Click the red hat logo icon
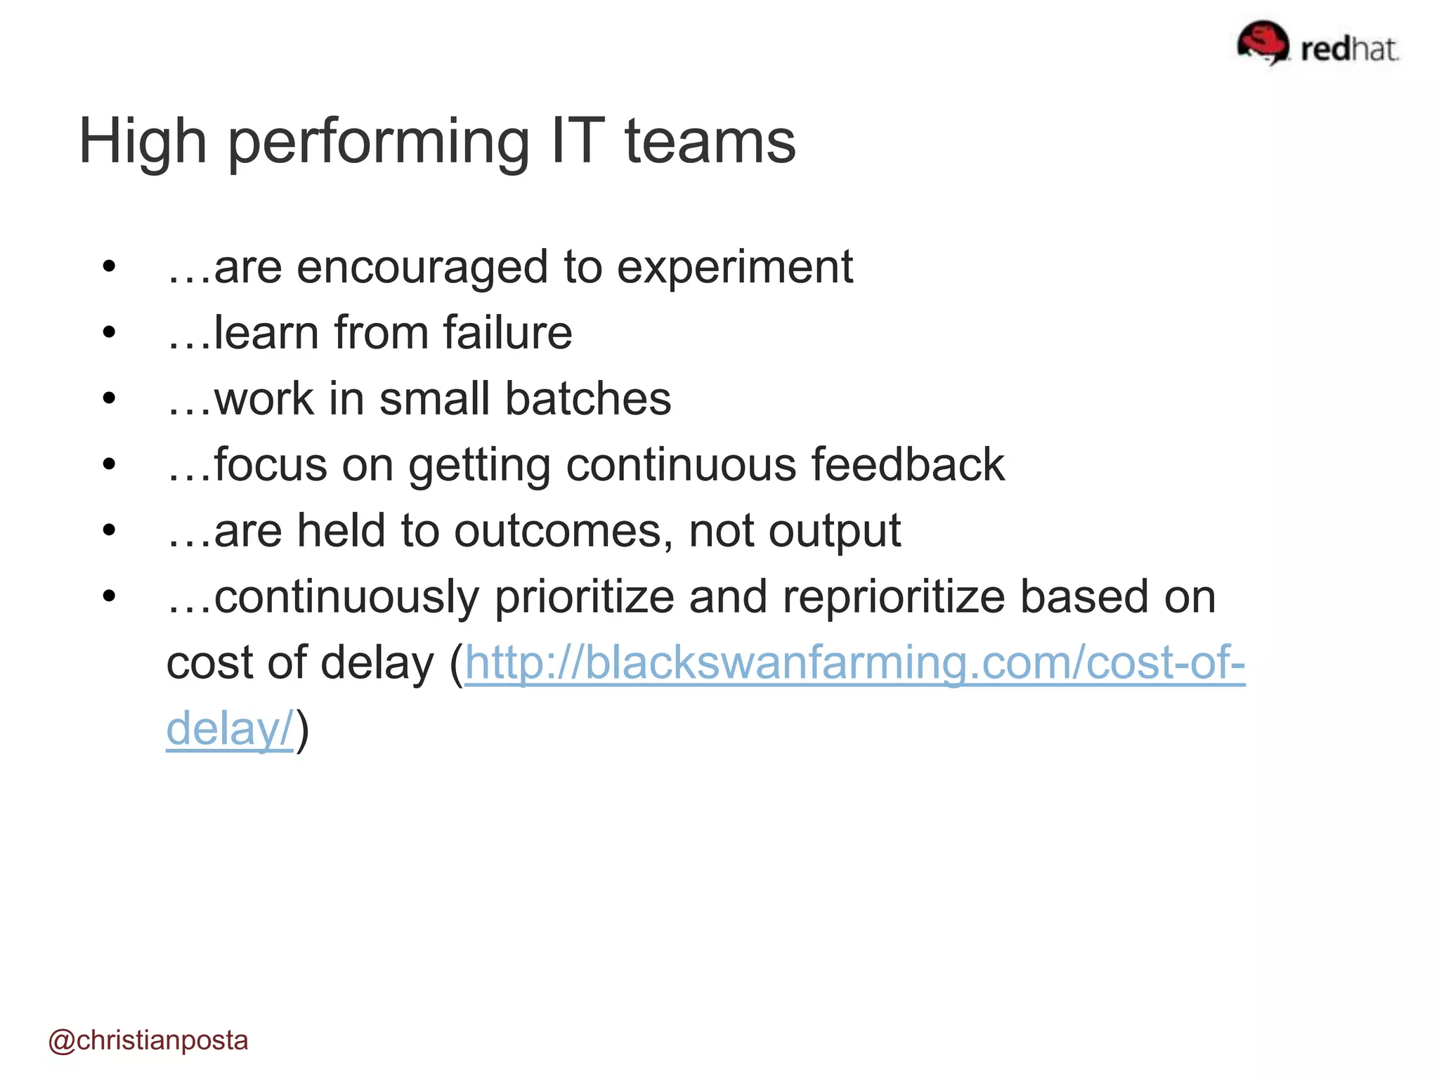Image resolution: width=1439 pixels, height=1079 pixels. pos(1263,42)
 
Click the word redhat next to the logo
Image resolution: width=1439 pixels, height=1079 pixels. pos(1349,49)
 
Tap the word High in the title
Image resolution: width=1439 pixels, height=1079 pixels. pos(143,143)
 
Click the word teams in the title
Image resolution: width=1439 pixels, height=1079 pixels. pos(710,143)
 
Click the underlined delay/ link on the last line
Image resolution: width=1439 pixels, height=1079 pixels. pos(229,728)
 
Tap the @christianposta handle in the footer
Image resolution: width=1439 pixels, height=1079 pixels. pos(148,1040)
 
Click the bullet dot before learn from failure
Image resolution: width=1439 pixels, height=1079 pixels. pos(108,332)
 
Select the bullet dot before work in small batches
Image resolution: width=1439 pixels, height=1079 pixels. pos(108,398)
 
